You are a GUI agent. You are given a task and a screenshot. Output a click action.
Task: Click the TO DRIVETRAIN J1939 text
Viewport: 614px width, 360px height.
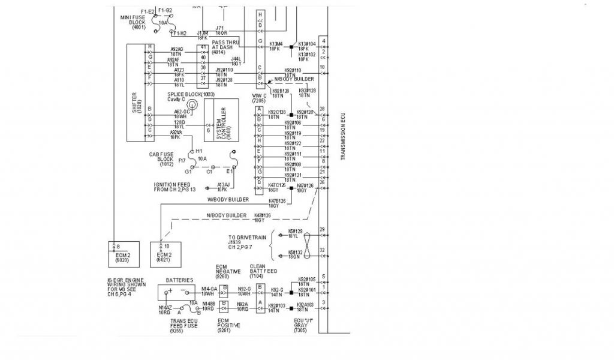247,241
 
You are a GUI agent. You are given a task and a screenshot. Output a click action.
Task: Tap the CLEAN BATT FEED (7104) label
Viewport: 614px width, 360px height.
263,271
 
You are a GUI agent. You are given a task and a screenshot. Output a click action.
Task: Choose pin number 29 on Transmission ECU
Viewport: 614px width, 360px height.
323,230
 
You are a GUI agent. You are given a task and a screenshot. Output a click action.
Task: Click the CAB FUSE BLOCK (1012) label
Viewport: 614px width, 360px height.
161,159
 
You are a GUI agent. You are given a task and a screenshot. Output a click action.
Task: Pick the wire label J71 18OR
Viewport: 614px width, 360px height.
220,30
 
